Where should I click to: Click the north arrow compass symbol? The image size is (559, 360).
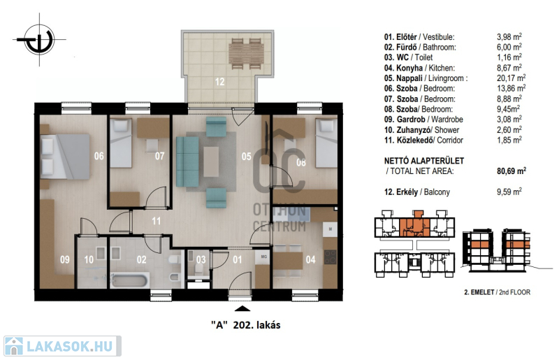pos(39,39)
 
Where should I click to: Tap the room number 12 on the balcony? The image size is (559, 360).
pos(219,82)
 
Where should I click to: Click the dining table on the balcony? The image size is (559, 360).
pos(247,53)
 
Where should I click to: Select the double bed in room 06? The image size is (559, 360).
pos(65,157)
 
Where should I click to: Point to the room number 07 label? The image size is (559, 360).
pos(160,156)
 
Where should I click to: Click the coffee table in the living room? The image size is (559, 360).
pos(212,161)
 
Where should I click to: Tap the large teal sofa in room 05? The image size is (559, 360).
pos(187,161)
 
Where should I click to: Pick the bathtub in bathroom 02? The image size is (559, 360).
pos(130,280)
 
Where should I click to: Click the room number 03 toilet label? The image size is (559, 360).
pos(201,259)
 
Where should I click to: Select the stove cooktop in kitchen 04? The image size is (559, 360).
pos(330,257)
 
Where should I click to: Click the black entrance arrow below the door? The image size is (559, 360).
pos(242,309)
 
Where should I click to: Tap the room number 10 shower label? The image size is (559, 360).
pos(89,259)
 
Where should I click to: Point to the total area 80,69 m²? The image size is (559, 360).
pos(511,171)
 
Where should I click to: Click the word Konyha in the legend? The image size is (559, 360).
pos(409,68)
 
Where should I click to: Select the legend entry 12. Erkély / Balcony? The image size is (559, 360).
pos(417,192)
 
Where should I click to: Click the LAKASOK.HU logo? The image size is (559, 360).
pos(62,346)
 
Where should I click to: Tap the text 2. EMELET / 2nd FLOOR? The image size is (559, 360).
pos(497,292)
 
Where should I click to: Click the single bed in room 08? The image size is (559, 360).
pos(326,143)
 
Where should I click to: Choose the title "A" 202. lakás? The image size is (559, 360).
pos(245,325)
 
